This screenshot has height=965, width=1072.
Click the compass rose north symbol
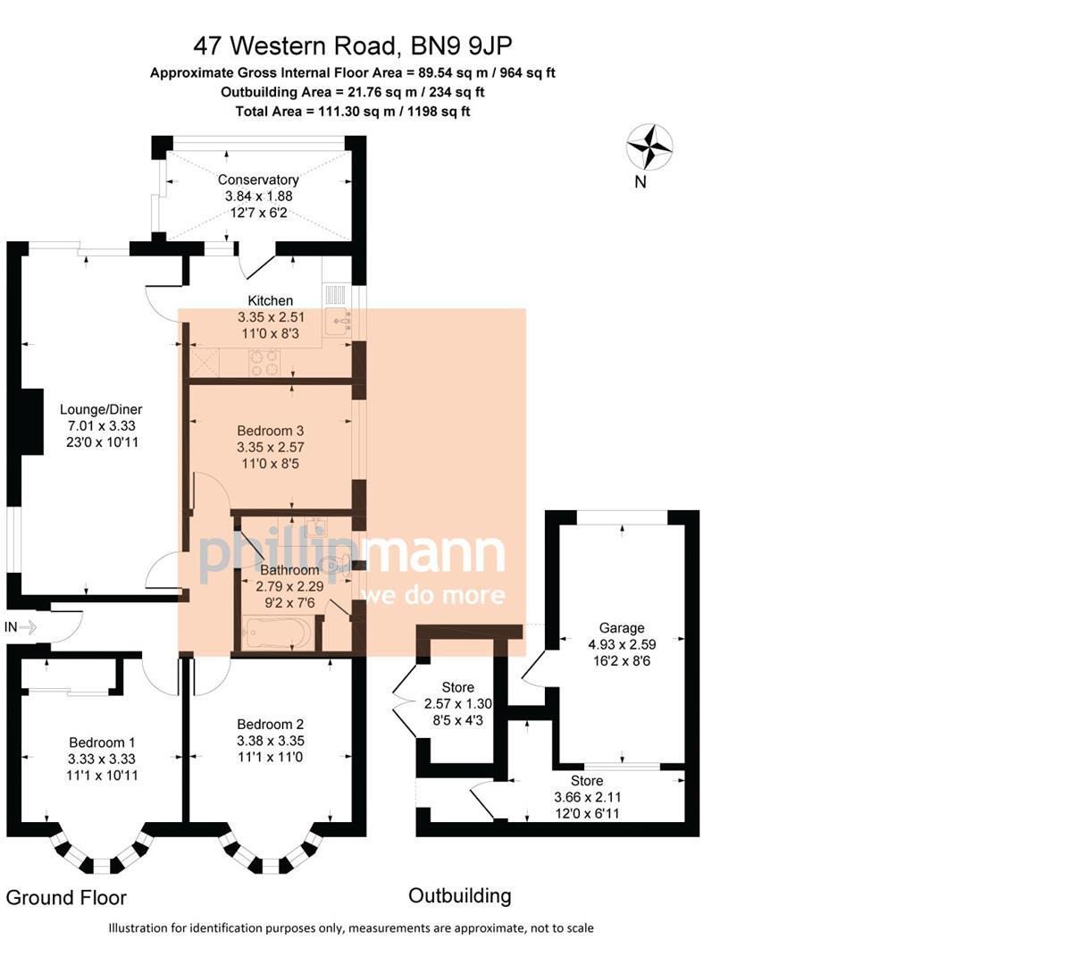[x=649, y=147]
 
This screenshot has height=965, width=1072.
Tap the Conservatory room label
[x=258, y=180]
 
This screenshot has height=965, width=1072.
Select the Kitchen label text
[x=270, y=300]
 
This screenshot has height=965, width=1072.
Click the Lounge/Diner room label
[x=104, y=409]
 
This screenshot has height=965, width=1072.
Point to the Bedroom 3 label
[x=271, y=431]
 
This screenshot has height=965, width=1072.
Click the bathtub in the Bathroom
[x=275, y=635]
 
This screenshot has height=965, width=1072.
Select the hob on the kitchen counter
[x=263, y=362]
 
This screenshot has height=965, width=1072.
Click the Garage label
[x=616, y=627]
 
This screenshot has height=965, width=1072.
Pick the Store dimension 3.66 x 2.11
[x=587, y=797]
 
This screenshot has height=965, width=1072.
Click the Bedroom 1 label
[x=102, y=742]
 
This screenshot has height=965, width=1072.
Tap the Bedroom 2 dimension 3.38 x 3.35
[x=271, y=740]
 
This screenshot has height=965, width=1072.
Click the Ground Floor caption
[x=66, y=897]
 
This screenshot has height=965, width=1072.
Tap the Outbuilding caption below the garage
[x=459, y=895]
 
